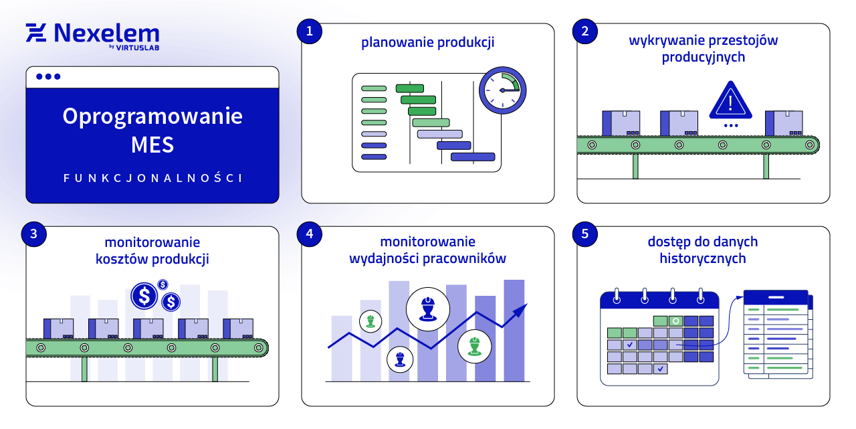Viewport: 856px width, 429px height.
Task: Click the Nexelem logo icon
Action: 36,33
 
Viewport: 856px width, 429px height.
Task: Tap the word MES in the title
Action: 152,144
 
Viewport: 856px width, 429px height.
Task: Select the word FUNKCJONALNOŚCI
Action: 152,178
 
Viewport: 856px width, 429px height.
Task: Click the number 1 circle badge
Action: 309,31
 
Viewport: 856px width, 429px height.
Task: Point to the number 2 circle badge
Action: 585,31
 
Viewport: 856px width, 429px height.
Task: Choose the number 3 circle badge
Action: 33,234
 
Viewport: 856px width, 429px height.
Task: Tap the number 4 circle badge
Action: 309,234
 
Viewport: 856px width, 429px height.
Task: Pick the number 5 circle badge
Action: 585,234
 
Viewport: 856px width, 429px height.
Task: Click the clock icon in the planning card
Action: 502,90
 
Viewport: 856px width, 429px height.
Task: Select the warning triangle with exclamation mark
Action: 731,102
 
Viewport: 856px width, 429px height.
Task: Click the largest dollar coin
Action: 144,295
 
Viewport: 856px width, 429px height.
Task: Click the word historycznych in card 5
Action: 703,258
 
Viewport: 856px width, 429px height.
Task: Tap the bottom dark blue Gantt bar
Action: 473,157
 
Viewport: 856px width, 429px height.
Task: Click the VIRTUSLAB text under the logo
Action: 138,48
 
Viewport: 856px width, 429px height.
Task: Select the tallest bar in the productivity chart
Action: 514,331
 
